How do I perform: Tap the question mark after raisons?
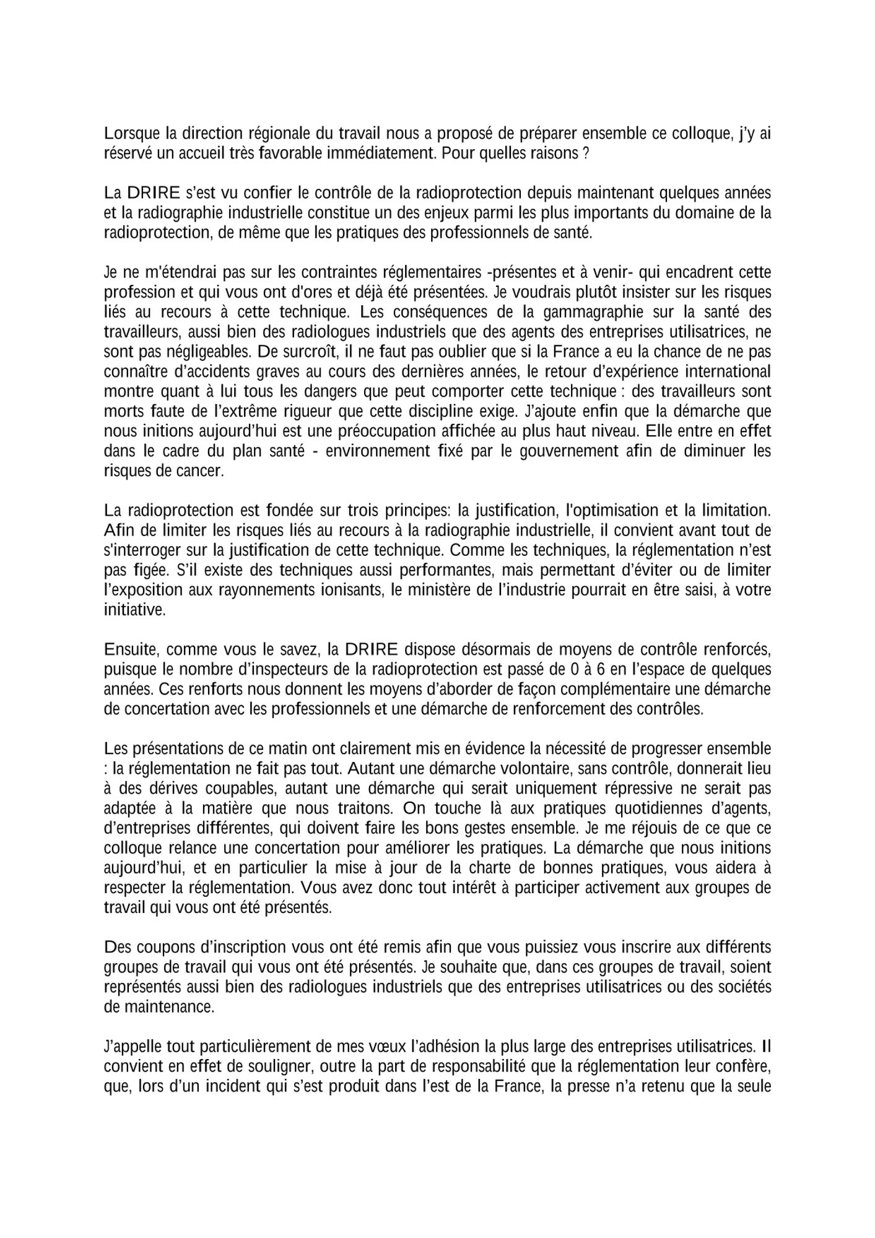click(585, 154)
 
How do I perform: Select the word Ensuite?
click(131, 650)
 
